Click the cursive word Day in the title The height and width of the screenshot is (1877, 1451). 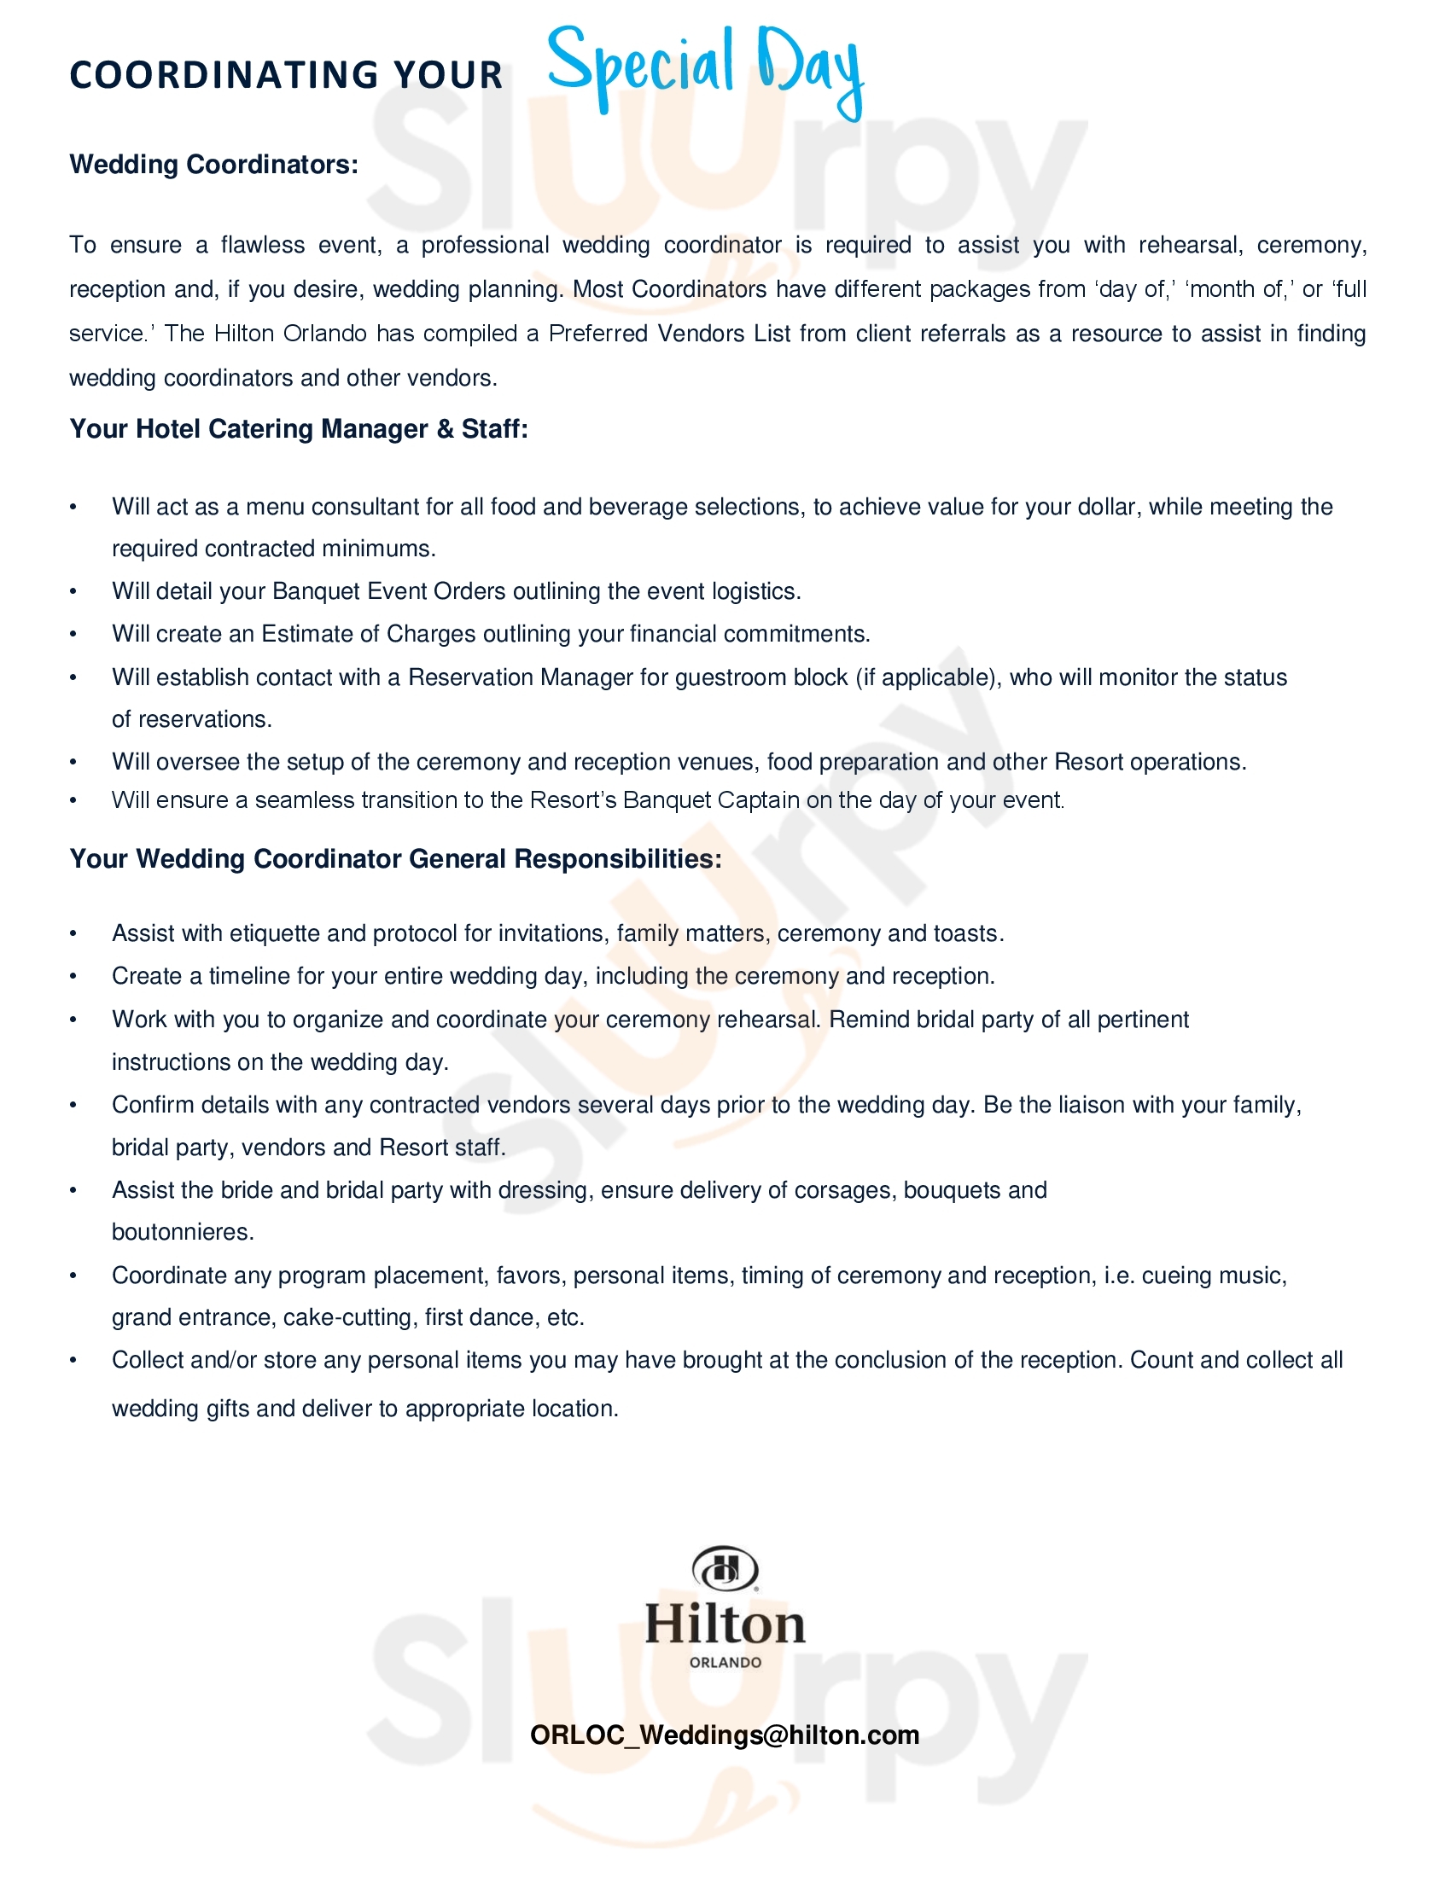(810, 69)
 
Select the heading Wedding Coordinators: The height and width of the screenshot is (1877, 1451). (213, 164)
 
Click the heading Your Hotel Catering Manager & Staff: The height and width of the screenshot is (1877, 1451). (298, 429)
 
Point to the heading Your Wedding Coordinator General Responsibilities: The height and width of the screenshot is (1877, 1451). (395, 858)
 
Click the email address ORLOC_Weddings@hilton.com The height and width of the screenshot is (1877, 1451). (725, 1735)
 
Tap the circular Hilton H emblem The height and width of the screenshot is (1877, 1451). (725, 1570)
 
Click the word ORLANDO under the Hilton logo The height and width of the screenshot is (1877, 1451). (725, 1662)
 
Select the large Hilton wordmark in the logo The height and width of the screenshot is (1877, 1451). (725, 1624)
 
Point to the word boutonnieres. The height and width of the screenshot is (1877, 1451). (183, 1233)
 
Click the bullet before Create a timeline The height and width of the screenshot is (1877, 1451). (74, 976)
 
